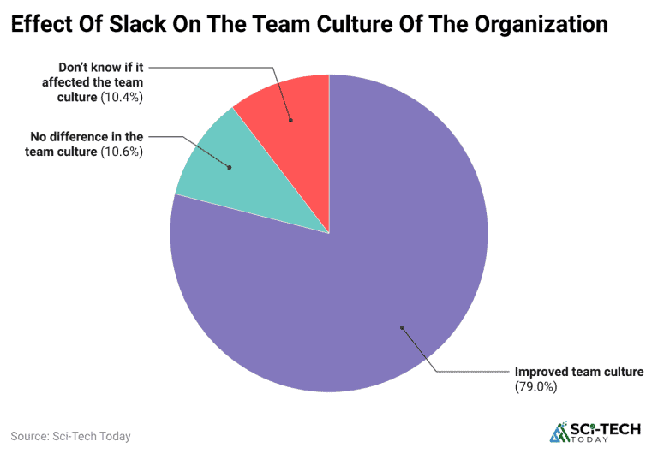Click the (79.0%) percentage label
click(x=535, y=387)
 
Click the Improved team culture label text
click(x=578, y=373)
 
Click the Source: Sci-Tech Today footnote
click(x=71, y=436)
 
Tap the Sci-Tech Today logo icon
click(x=559, y=433)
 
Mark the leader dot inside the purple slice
click(x=401, y=326)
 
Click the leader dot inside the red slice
click(x=290, y=120)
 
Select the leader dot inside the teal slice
click(x=230, y=167)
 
